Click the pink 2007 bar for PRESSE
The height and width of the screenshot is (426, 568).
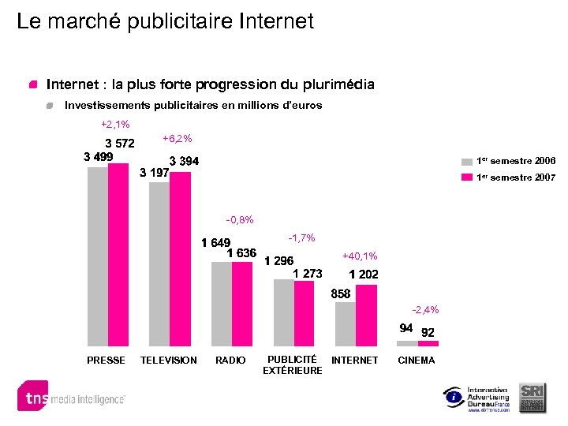tap(118, 255)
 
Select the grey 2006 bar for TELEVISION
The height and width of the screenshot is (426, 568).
tap(159, 264)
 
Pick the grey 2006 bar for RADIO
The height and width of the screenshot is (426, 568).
tap(222, 304)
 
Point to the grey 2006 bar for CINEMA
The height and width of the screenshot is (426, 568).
tap(407, 344)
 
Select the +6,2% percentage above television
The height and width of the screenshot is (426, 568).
tap(177, 139)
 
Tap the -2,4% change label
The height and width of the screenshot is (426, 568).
tap(425, 309)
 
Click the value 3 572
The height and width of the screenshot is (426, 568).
tap(120, 144)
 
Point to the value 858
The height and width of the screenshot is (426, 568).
tap(341, 293)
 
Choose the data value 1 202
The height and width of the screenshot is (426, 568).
tap(364, 275)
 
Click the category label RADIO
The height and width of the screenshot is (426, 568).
tap(230, 361)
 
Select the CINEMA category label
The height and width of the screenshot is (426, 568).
tap(417, 361)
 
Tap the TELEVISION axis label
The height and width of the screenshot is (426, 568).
tap(168, 361)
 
